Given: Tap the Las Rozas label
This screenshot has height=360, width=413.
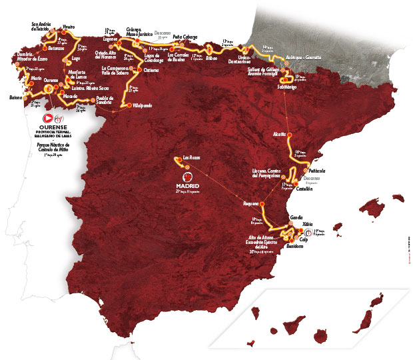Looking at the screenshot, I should pyautogui.click(x=191, y=157).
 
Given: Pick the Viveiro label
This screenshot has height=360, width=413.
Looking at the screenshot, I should pyautogui.click(x=67, y=27).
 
